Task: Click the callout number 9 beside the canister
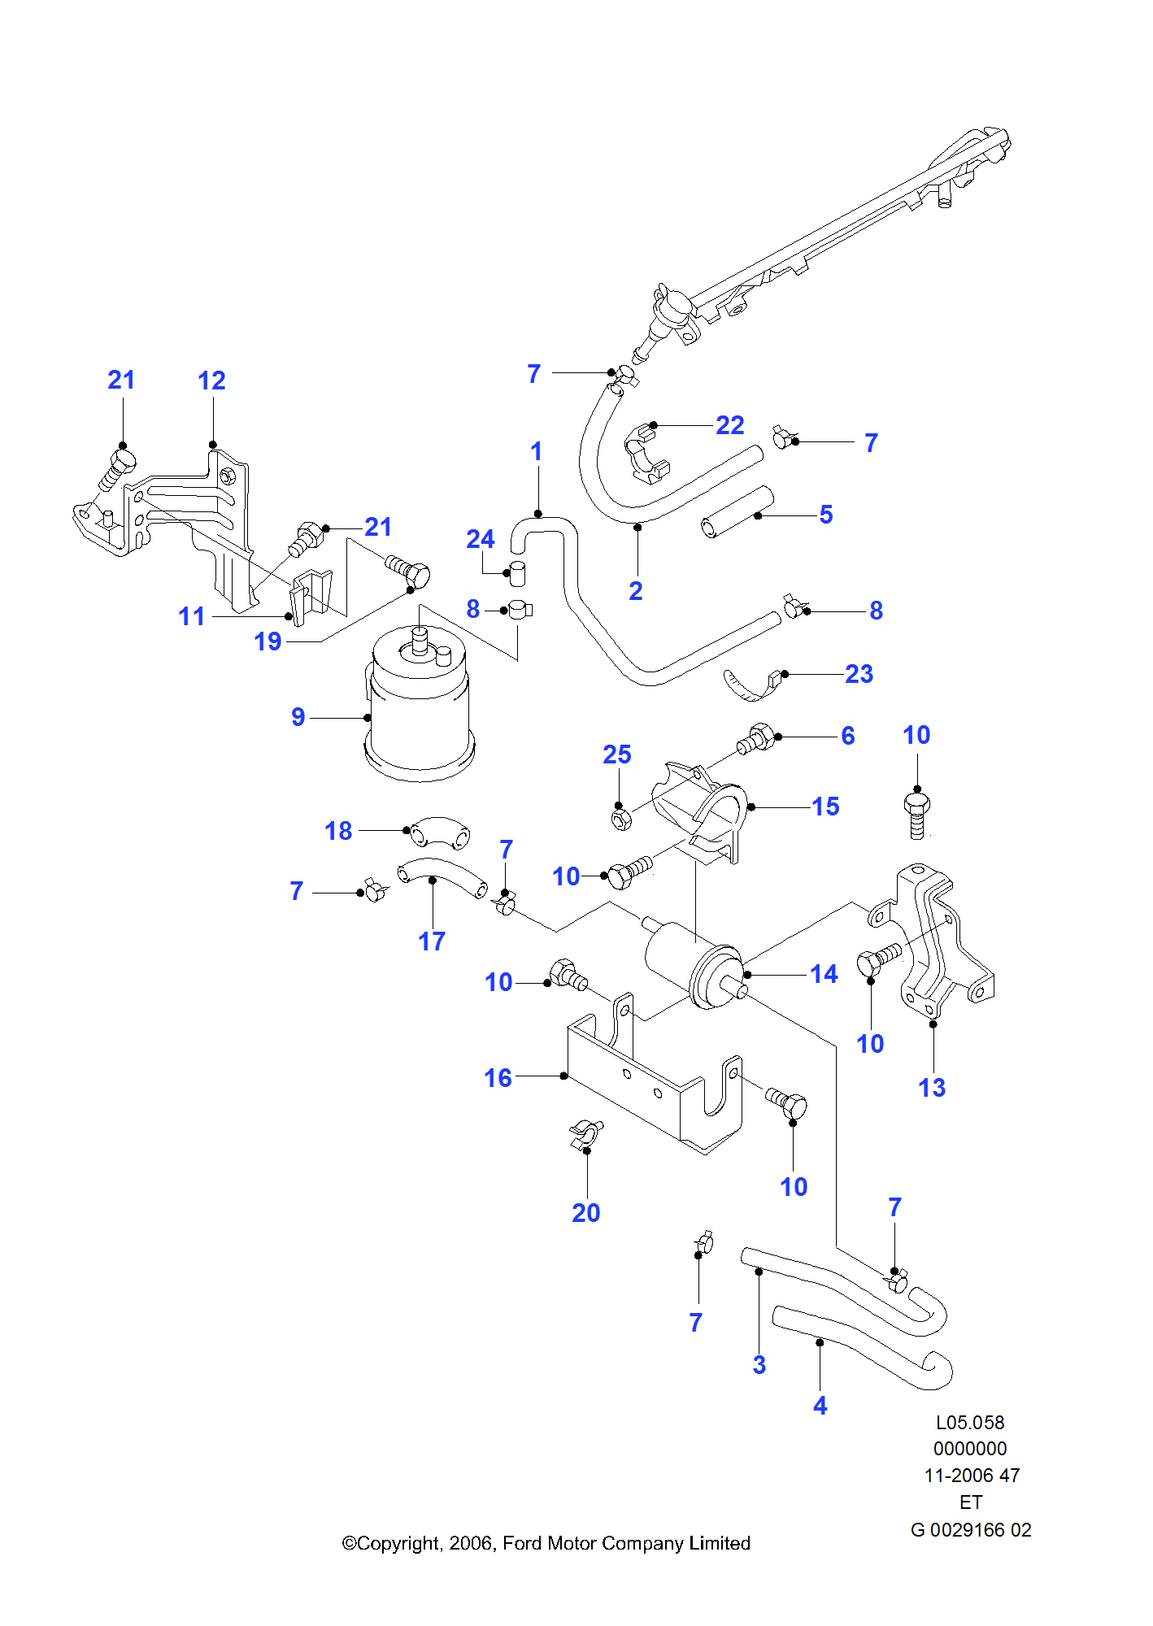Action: coord(298,717)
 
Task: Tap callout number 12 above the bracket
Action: coord(211,380)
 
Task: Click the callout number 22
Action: coord(729,425)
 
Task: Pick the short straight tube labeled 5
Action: coord(737,512)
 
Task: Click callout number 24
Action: coord(480,539)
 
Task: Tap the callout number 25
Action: coord(617,754)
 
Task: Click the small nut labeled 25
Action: coord(620,819)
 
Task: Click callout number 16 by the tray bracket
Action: coord(498,1078)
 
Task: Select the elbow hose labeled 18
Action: coord(439,833)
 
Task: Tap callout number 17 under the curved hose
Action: coord(432,941)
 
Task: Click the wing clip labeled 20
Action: coord(586,1134)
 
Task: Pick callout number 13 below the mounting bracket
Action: coord(932,1088)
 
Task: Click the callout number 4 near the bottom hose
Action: coord(820,1406)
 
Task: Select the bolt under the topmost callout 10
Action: coord(916,815)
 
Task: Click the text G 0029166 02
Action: coord(971,1530)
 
